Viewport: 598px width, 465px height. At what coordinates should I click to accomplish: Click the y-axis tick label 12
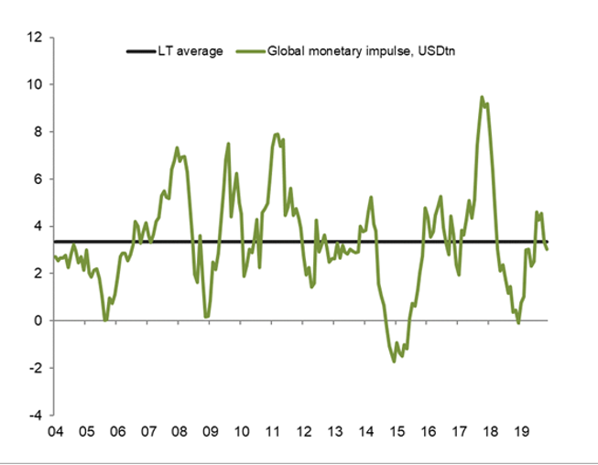[x=36, y=38]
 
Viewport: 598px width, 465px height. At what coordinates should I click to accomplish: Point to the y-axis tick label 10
[x=36, y=84]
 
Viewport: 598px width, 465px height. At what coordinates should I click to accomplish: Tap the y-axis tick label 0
[x=38, y=320]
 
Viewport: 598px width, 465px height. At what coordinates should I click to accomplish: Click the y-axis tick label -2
[x=36, y=368]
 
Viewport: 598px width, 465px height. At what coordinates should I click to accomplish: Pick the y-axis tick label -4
[x=36, y=415]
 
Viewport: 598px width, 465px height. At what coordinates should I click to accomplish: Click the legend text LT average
[x=194, y=51]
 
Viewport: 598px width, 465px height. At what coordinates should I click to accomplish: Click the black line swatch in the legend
[x=144, y=51]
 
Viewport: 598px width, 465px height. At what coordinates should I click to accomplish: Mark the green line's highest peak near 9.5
[x=482, y=97]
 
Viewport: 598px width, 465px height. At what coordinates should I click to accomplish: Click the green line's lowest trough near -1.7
[x=395, y=362]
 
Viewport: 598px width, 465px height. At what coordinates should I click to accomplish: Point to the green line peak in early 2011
[x=277, y=134]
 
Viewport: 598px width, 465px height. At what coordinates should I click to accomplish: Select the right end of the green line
[x=547, y=249]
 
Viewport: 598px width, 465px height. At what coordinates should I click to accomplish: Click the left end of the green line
[x=55, y=256]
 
